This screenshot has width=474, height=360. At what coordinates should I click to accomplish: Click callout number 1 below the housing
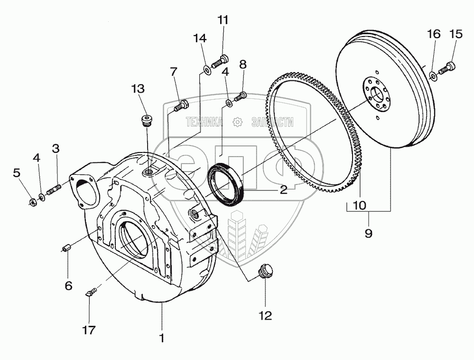click(x=162, y=338)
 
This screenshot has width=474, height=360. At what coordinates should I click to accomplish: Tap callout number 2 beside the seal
click(x=283, y=190)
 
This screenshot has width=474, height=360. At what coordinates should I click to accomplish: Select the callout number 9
click(x=369, y=233)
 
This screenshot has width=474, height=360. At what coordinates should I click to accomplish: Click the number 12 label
click(x=266, y=315)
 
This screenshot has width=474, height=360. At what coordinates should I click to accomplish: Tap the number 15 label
click(x=455, y=34)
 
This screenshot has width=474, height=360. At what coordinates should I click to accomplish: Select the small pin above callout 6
click(x=67, y=248)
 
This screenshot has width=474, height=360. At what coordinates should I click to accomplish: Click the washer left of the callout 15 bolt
click(x=433, y=75)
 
